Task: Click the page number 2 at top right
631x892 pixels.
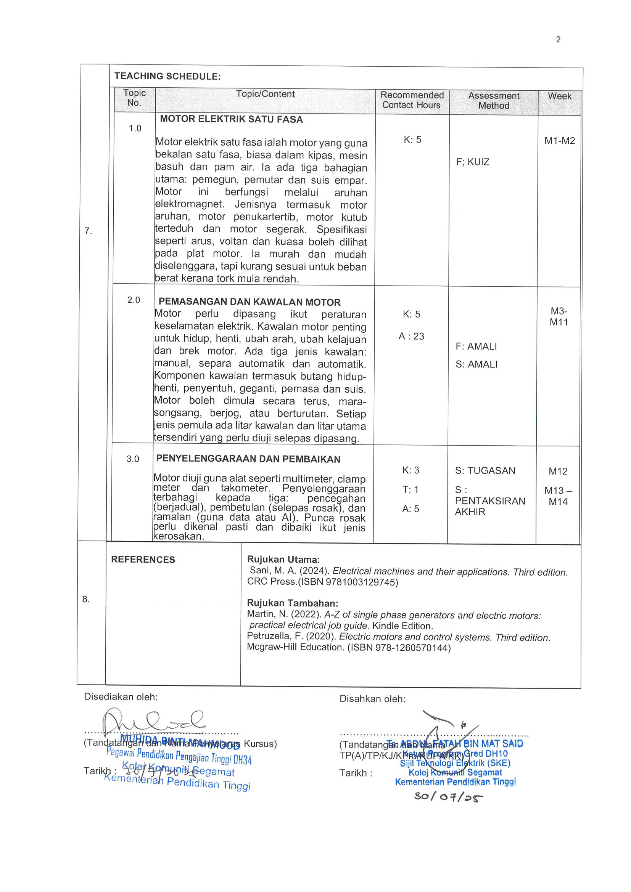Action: click(x=558, y=40)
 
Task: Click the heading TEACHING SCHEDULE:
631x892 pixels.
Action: click(x=167, y=76)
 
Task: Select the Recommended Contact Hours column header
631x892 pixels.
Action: click(x=412, y=100)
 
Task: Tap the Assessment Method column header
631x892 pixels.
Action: click(x=493, y=101)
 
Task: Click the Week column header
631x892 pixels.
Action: click(x=559, y=96)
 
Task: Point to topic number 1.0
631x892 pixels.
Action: click(x=135, y=128)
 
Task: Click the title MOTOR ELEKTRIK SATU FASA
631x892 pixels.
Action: click(x=231, y=119)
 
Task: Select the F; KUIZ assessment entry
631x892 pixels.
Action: click(x=473, y=162)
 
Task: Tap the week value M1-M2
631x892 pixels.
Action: click(x=559, y=141)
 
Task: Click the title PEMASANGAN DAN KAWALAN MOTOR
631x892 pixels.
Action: click(x=249, y=302)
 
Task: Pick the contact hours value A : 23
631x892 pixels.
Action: click(x=411, y=336)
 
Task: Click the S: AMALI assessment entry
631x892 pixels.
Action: click(x=476, y=364)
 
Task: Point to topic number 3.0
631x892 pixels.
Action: click(x=133, y=459)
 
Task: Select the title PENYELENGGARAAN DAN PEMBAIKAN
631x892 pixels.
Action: click(x=248, y=459)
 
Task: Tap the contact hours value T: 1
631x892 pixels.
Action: click(x=410, y=489)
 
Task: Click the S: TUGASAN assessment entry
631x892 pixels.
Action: click(x=485, y=471)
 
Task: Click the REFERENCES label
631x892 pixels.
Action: click(x=143, y=560)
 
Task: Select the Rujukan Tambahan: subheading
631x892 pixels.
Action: click(x=292, y=603)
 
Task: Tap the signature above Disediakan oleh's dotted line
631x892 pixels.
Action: click(x=154, y=721)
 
